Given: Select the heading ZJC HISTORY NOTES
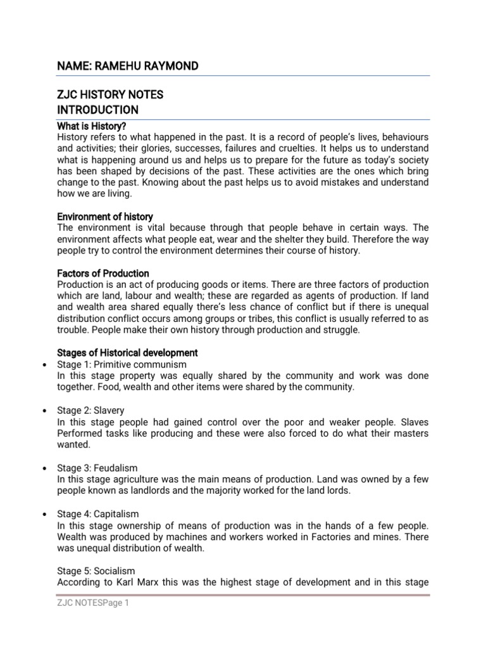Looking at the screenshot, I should coord(110,94).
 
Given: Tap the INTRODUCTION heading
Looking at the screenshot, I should coord(97,110).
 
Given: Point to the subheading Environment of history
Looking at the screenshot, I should coord(105,217).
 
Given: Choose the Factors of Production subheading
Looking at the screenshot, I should coord(103,274).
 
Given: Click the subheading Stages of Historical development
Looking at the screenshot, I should coord(127,352).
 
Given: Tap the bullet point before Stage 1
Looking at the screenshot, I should coord(42,365).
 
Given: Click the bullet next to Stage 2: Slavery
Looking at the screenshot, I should coord(42,411).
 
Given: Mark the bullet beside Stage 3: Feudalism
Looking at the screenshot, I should coord(42,468).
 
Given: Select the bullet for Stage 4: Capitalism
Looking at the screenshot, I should coord(42,513).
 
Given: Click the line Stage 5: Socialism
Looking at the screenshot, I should coord(96,570).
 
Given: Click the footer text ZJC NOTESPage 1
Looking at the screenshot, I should coord(93,604).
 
